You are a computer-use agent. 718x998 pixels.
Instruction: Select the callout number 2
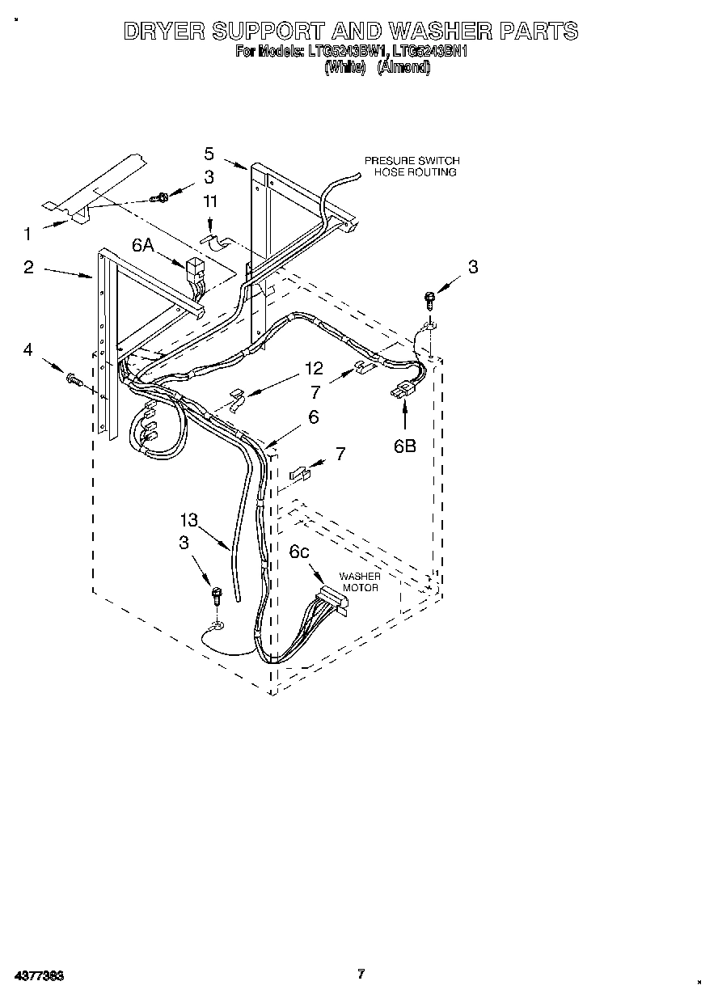click(28, 267)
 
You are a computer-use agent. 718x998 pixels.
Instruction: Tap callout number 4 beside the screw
click(28, 349)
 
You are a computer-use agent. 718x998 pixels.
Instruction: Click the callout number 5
click(209, 154)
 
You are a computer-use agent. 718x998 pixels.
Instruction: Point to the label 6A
click(143, 245)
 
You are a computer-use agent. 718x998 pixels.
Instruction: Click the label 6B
click(405, 445)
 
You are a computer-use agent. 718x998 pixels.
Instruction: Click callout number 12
click(314, 369)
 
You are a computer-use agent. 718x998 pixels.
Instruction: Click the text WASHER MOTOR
click(359, 581)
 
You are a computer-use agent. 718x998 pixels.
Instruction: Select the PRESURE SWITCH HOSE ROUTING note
click(411, 167)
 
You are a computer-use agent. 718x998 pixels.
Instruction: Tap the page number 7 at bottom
click(361, 974)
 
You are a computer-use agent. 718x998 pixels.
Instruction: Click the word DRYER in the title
click(162, 32)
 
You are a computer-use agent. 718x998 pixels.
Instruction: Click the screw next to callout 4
click(73, 378)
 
